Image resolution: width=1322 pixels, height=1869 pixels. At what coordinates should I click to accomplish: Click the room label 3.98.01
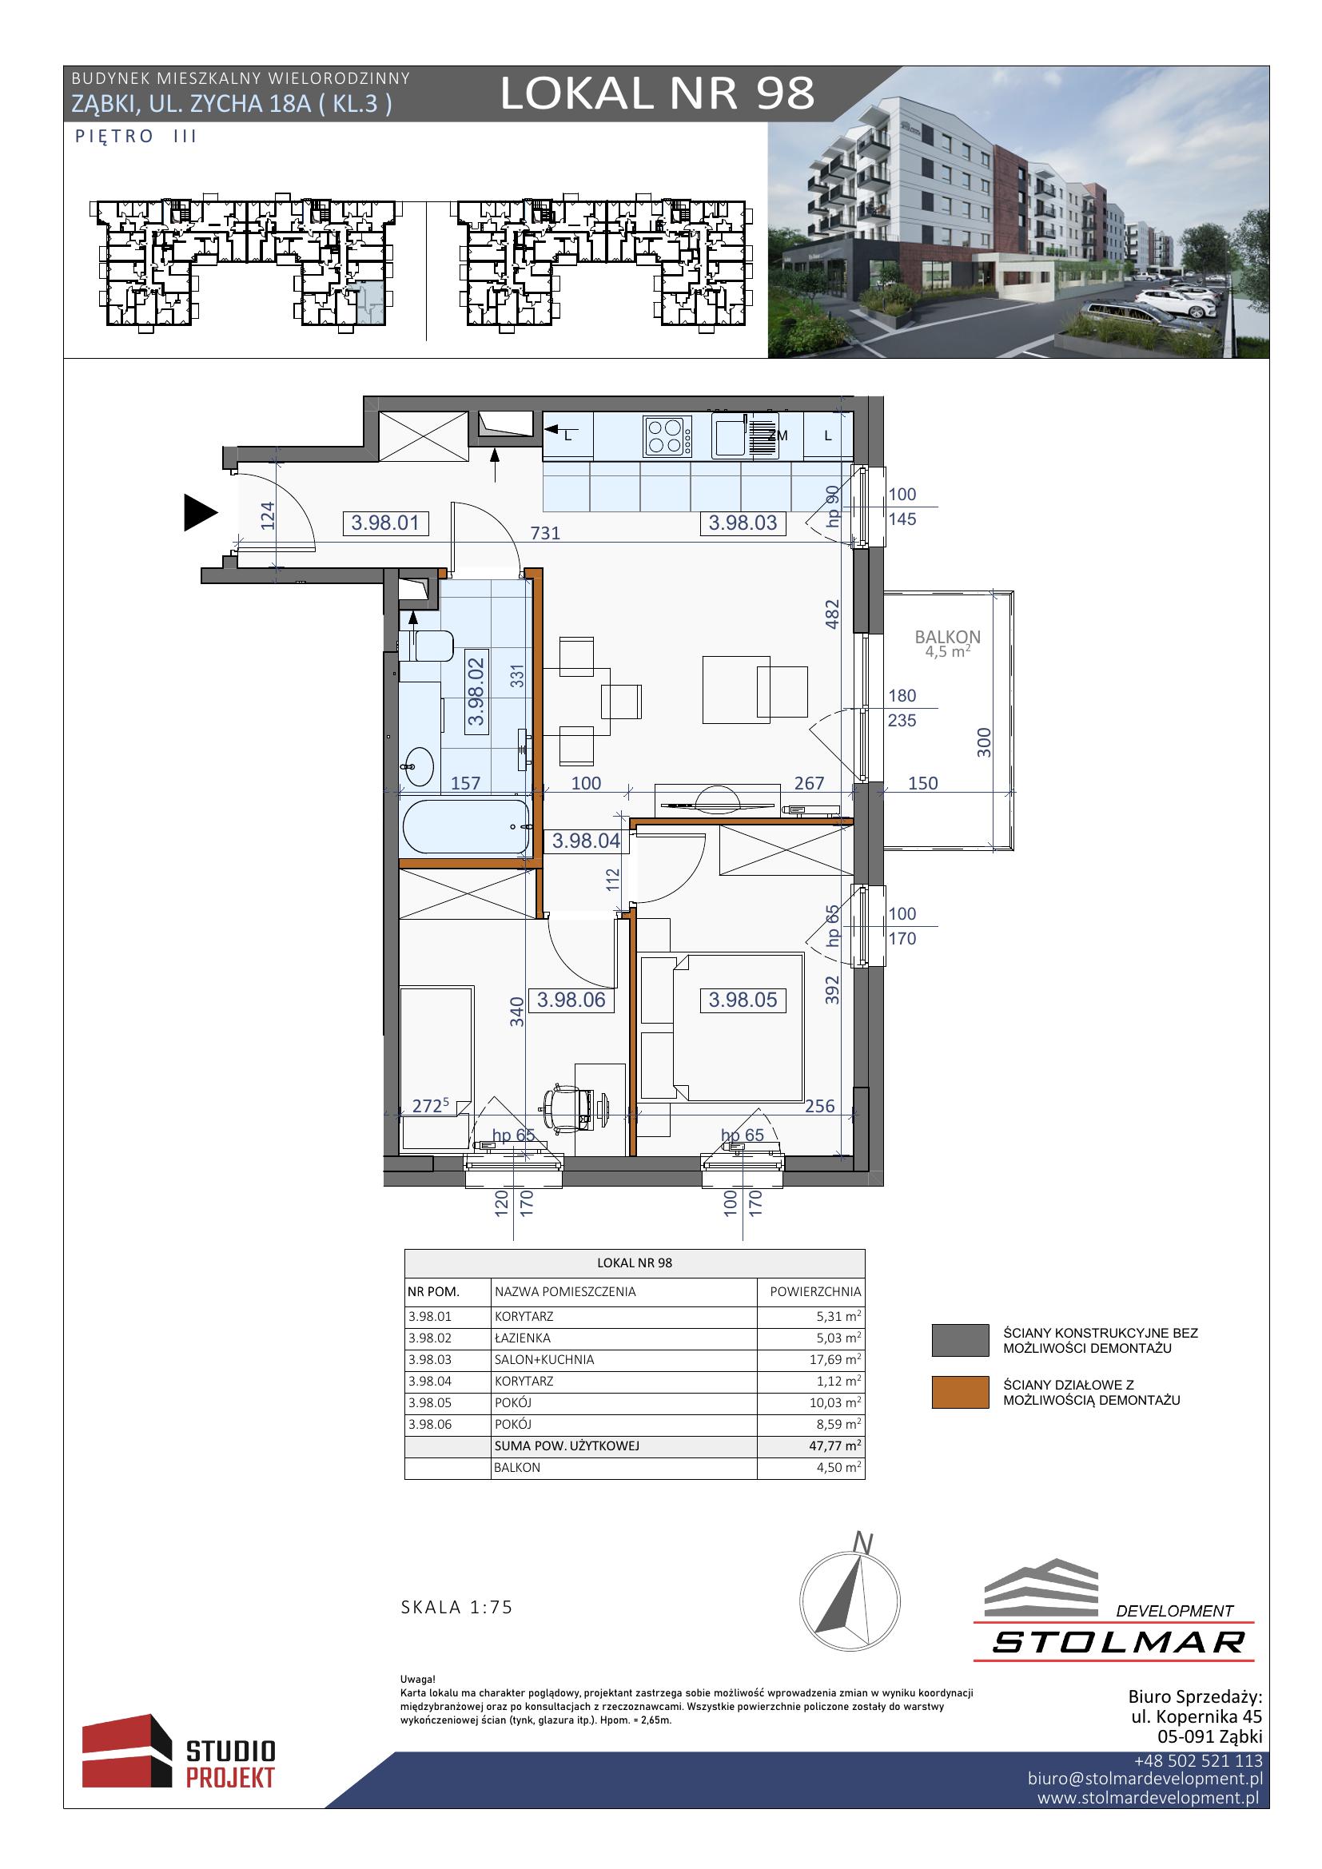[385, 523]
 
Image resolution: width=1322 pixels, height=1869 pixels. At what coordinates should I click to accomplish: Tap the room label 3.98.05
[743, 1000]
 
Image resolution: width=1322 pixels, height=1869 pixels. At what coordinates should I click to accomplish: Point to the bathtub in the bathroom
[466, 826]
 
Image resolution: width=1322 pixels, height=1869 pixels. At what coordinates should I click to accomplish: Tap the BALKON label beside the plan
[948, 637]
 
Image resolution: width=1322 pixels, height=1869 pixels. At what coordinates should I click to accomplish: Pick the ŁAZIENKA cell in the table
[523, 1338]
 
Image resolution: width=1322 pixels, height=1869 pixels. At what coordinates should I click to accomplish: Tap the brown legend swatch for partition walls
[961, 1393]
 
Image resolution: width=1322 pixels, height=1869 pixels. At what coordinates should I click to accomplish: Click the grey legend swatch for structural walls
[961, 1341]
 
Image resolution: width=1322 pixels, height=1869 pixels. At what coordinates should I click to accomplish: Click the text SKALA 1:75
[456, 1608]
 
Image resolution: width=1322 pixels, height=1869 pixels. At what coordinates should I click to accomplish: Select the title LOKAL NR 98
[657, 93]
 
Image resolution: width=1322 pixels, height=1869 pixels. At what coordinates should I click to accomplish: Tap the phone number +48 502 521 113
[1198, 1761]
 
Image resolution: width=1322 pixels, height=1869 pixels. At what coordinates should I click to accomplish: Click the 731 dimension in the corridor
[545, 533]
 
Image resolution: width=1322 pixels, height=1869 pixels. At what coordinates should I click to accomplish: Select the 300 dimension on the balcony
[984, 742]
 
